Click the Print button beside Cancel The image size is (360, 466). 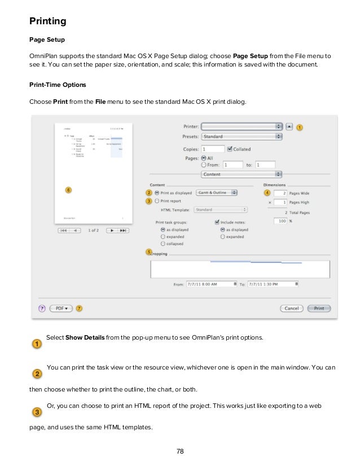(319, 309)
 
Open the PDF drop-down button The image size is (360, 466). (60, 309)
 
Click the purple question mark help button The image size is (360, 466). (42, 309)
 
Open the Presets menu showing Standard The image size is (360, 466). (242, 137)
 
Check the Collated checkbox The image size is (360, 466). (229, 150)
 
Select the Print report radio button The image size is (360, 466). (157, 200)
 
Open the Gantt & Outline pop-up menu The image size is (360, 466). (217, 192)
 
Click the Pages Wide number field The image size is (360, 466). (282, 193)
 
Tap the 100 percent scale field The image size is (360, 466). (280, 221)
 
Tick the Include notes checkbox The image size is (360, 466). (217, 222)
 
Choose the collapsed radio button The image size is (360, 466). (163, 244)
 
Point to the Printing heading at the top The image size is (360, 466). (48, 21)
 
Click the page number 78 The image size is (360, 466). (180, 451)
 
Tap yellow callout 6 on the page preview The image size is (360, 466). (68, 190)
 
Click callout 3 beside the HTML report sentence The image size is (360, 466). (36, 412)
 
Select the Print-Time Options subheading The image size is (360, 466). (58, 85)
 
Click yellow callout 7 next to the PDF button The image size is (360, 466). (78, 309)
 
